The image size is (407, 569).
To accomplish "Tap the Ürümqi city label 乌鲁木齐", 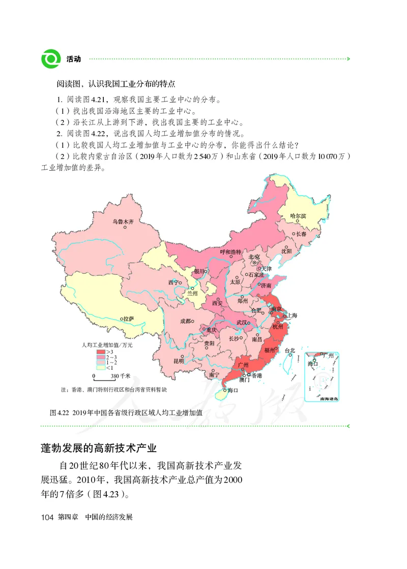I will point(123,222).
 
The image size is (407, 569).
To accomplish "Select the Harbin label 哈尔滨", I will point(298,216).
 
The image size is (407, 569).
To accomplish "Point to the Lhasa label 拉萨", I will point(128,319).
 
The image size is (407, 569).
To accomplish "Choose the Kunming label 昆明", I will point(179,361).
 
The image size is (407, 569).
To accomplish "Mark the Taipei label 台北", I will point(290,350).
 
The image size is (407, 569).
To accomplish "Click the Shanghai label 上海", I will point(292,315).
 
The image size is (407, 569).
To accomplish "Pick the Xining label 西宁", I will point(173,282).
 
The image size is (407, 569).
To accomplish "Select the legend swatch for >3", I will point(101,352).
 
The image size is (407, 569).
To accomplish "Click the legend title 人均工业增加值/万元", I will point(107,345).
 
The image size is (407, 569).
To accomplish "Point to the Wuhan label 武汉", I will point(243,323).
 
